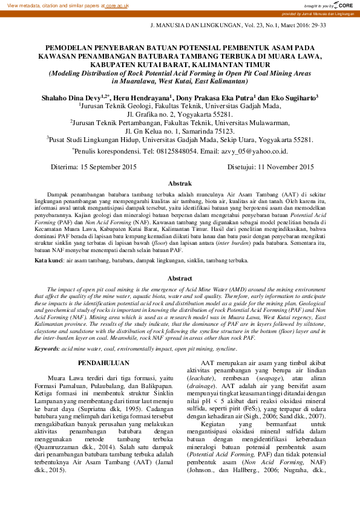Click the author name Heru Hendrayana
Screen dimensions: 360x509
(143, 97)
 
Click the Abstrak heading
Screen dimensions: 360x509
(180, 183)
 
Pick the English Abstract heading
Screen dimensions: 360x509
(180, 278)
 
